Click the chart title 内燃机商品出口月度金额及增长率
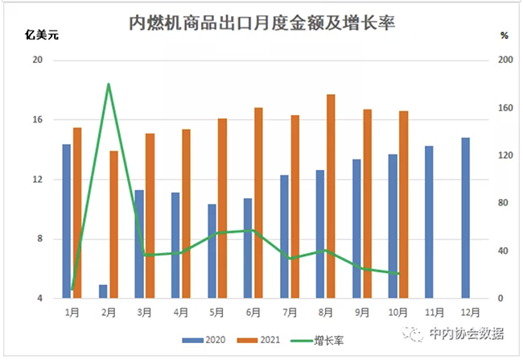[x=262, y=22]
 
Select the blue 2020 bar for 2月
[x=103, y=292]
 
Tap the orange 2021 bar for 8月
[x=331, y=197]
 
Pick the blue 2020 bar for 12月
[x=466, y=217]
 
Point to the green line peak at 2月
[x=108, y=84]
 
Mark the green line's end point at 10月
[x=398, y=274]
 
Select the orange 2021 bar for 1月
[x=77, y=213]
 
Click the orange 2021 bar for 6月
[x=258, y=203]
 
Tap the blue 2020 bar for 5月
[x=212, y=251]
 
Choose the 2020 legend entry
[x=204, y=338]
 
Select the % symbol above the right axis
[x=504, y=35]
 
